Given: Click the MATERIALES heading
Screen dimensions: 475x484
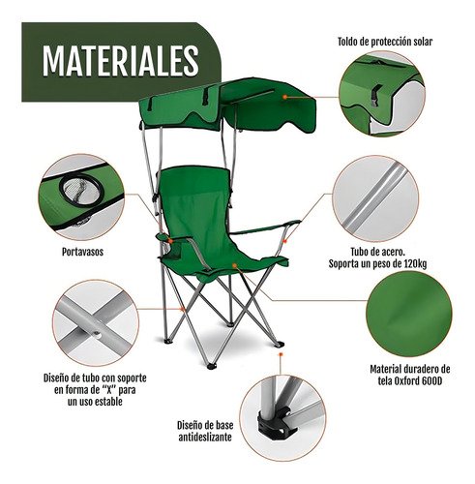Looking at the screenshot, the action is [x=120, y=61].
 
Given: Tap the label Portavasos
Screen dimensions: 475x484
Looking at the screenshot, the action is [x=82, y=252].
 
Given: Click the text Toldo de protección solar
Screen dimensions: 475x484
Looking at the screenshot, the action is [x=385, y=42].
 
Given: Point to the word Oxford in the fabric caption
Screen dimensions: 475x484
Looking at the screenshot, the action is [x=407, y=381].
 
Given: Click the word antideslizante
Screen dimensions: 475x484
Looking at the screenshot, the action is [x=205, y=438].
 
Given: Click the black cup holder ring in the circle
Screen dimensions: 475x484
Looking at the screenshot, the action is [x=81, y=189].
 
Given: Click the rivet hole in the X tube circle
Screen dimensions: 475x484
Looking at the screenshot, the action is [x=98, y=335].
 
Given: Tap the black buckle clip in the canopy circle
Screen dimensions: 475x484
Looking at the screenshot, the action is [x=376, y=94].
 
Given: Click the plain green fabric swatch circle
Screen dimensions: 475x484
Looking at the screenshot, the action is [x=409, y=314].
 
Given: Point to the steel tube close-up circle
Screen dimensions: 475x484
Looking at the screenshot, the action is [x=375, y=198].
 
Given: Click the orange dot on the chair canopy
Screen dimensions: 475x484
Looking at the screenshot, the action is [x=284, y=97].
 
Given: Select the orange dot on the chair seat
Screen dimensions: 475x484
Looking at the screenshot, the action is [x=234, y=265].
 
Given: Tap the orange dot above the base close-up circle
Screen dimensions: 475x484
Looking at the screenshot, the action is [x=281, y=354].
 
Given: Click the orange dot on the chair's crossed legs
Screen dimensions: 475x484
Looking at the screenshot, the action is [x=183, y=310].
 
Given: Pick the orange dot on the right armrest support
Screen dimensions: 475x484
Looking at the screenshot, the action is [x=284, y=241].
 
